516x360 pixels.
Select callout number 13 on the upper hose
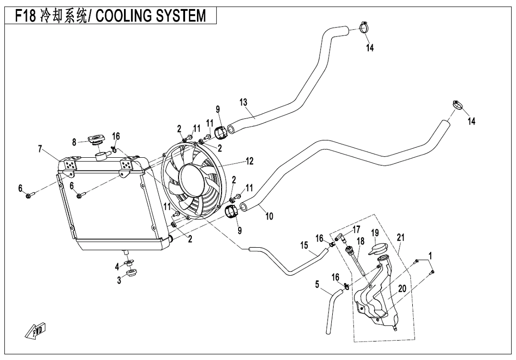click(x=243, y=102)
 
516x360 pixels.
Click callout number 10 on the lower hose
click(x=269, y=216)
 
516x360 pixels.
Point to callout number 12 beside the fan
click(x=249, y=162)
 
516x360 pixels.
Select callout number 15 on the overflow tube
click(x=304, y=246)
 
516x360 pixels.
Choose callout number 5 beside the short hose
click(x=317, y=285)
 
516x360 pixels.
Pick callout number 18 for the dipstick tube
click(x=361, y=241)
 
